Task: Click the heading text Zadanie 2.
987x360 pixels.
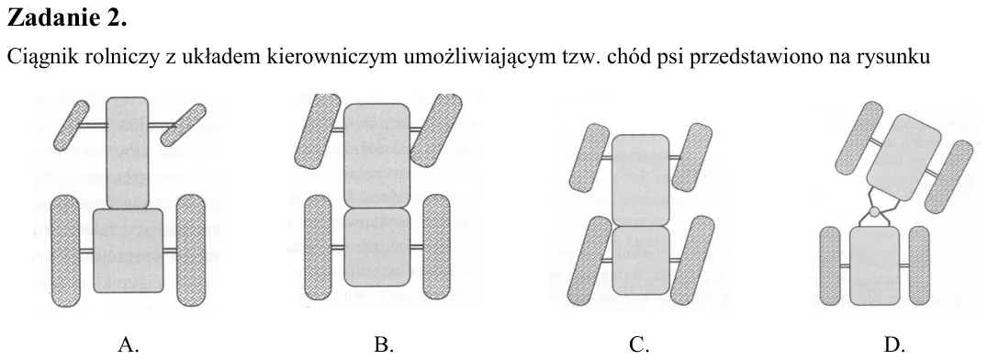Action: [67, 18]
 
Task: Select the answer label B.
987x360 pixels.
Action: [384, 344]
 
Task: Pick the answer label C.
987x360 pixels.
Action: [639, 344]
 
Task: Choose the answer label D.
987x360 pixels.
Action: [894, 344]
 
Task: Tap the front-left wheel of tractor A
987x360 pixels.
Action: [71, 125]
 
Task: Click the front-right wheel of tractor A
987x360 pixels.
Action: [184, 124]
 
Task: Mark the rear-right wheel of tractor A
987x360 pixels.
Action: [191, 251]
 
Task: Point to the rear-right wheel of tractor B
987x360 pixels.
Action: [436, 247]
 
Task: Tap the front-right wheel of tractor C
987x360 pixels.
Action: [691, 157]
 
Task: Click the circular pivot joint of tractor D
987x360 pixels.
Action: [874, 211]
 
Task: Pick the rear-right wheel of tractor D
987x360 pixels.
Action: [920, 265]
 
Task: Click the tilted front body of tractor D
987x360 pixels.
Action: [903, 157]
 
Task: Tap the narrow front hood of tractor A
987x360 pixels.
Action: [127, 153]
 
